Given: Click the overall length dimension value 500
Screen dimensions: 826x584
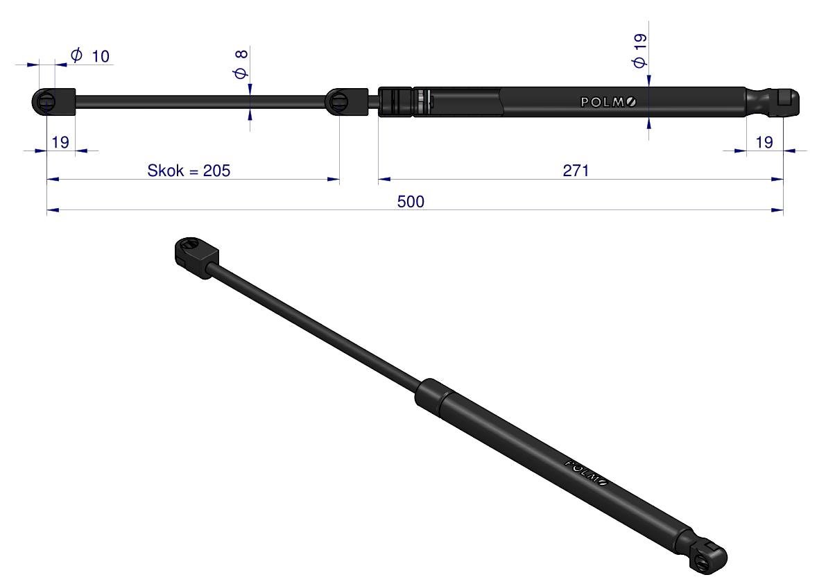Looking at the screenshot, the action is click(411, 202).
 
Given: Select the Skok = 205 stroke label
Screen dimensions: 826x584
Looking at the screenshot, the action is click(189, 171).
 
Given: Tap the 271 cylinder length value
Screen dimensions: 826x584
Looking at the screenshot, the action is click(576, 171).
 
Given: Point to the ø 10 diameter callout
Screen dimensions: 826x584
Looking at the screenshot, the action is click(90, 55).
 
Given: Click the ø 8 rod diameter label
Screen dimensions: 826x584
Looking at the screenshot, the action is click(241, 65).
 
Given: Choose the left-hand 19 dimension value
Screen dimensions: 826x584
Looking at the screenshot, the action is click(60, 142).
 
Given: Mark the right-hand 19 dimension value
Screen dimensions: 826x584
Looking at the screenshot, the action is click(764, 142).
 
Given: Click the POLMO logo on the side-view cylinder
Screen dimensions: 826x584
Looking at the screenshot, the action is click(608, 102).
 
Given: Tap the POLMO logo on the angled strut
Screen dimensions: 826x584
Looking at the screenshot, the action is click(586, 472).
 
